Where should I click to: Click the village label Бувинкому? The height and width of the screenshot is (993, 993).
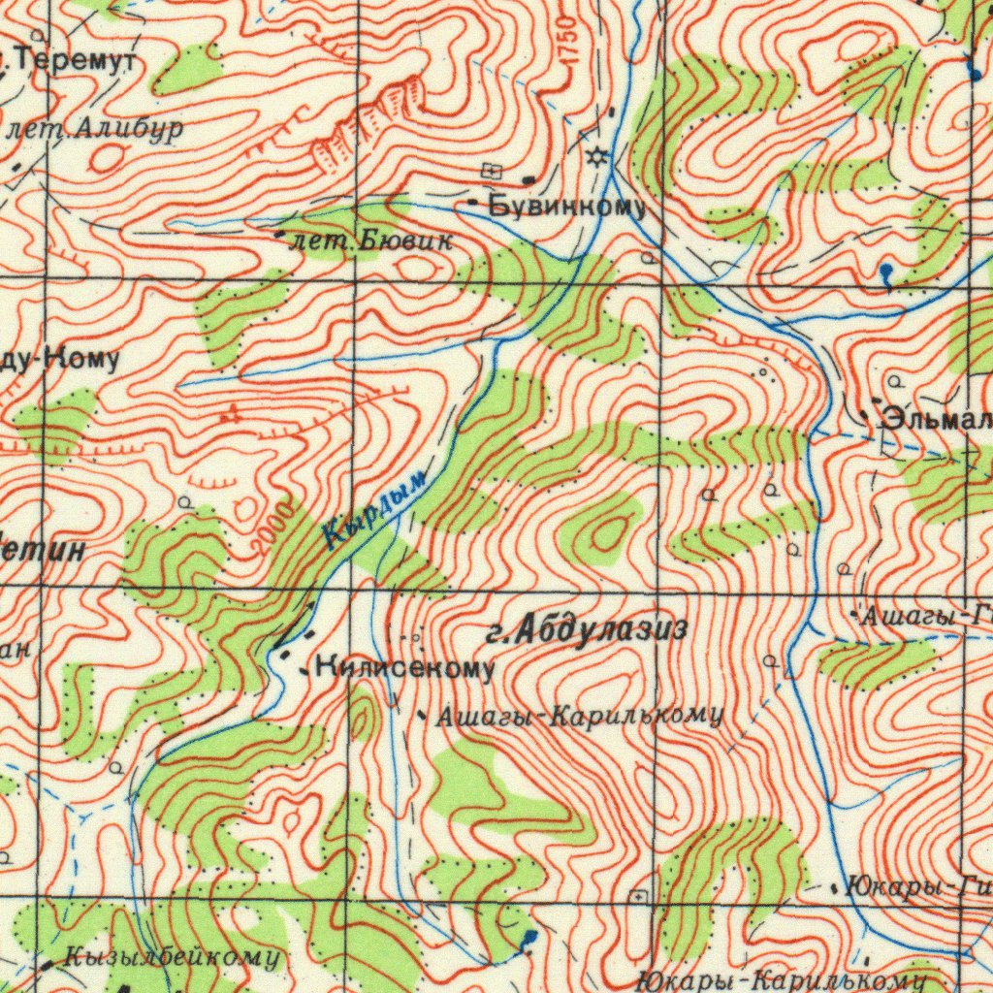(x=567, y=206)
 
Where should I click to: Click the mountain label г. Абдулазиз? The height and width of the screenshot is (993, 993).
(x=587, y=631)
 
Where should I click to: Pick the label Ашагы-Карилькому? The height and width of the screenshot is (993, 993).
(x=579, y=717)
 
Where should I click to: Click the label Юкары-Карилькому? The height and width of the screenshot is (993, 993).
(x=782, y=978)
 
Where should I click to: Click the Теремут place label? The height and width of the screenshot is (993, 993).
(x=76, y=61)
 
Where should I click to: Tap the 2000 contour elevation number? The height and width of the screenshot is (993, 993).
(x=272, y=528)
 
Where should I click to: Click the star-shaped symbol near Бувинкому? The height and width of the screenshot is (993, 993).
(x=598, y=157)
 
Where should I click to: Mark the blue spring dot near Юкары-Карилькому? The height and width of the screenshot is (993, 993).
(x=529, y=937)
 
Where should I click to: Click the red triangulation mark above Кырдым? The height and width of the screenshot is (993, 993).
(x=231, y=414)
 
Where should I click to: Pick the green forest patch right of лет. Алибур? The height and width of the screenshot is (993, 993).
(x=190, y=68)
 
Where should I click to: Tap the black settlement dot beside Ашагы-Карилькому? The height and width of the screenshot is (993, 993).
(x=422, y=716)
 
